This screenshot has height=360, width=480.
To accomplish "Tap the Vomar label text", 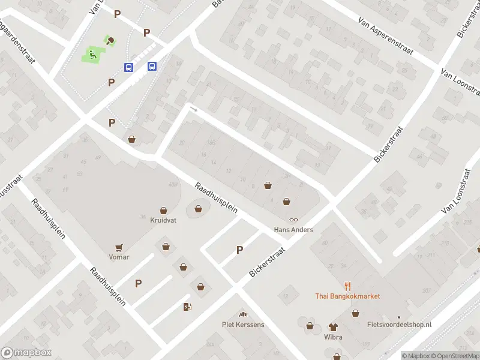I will [x=119, y=257].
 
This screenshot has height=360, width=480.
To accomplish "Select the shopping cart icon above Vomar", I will [x=119, y=247].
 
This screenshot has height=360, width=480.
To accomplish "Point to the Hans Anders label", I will [x=293, y=230].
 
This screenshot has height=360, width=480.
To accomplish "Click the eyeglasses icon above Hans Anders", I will [x=293, y=220].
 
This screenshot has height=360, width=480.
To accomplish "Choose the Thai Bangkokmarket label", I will [x=347, y=296].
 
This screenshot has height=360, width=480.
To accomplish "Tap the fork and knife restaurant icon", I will [x=347, y=286].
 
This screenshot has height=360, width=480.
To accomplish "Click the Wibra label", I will [x=333, y=337].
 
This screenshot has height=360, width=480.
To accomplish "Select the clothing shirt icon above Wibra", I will [x=333, y=327].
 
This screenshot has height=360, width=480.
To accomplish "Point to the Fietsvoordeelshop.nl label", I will [x=399, y=325].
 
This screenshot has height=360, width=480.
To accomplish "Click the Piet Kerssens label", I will [x=243, y=325].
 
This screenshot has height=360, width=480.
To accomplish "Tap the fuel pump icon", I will [x=187, y=307].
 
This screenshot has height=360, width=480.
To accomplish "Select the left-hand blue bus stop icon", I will [x=129, y=67].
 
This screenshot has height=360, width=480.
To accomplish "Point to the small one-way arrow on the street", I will [x=193, y=109].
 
